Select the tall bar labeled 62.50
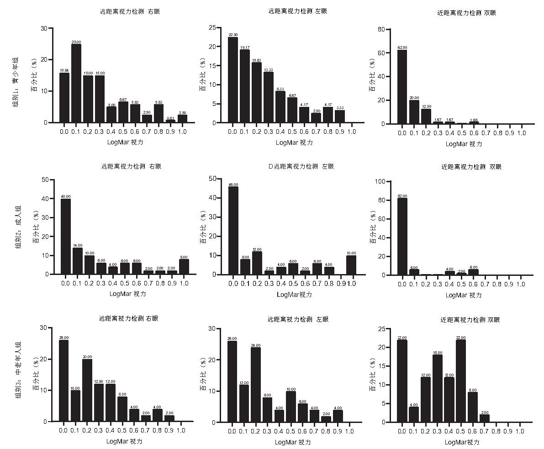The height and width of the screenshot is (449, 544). pyautogui.click(x=402, y=87)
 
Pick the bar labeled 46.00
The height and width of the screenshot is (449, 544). pyautogui.click(x=233, y=230)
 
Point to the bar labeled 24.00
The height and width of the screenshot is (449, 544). pyautogui.click(x=256, y=384)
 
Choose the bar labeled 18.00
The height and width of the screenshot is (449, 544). pyautogui.click(x=437, y=388)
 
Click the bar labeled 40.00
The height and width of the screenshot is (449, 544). pyautogui.click(x=66, y=236)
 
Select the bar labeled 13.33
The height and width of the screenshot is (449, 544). pyautogui.click(x=268, y=97)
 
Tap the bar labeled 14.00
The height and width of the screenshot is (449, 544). pyautogui.click(x=77, y=261)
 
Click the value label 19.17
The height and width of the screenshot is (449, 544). pyautogui.click(x=245, y=47)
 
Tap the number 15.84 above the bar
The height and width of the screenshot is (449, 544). pyautogui.click(x=64, y=70)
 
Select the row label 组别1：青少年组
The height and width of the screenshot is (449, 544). pyautogui.click(x=16, y=83)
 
